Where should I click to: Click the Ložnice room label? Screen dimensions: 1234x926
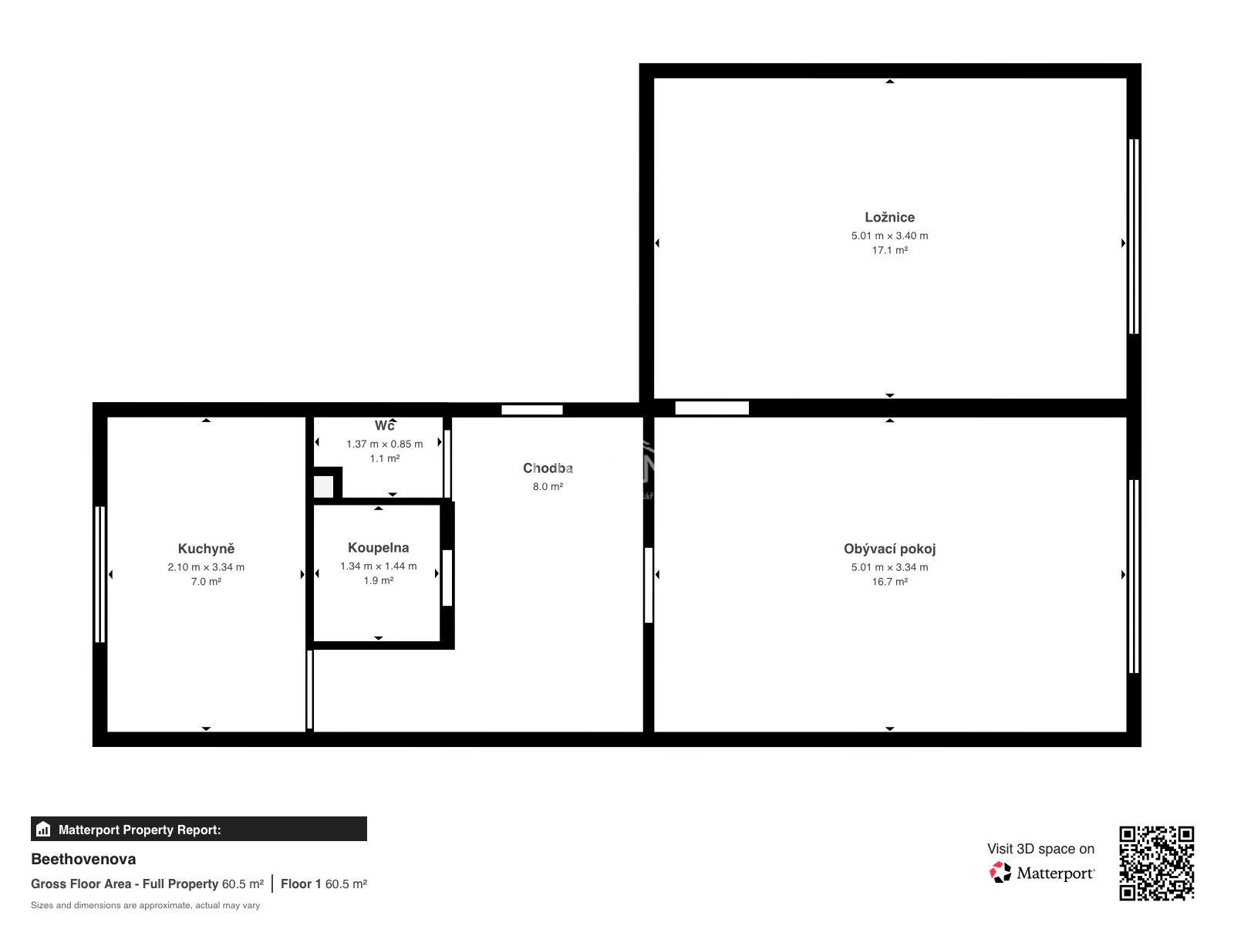point(888,217)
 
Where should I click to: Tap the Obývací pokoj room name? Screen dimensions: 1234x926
point(888,549)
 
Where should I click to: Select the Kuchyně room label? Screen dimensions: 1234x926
point(206,549)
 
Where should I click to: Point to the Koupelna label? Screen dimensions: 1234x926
point(378,548)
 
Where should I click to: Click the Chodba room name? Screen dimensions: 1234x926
point(548,468)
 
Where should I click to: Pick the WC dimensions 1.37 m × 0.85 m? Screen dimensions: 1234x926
point(385,444)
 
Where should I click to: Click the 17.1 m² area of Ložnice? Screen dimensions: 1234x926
point(889,250)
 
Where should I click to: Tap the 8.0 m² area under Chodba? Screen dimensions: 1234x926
point(548,486)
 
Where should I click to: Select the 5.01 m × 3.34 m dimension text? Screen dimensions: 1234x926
point(889,567)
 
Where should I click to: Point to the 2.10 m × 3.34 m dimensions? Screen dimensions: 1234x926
point(206,567)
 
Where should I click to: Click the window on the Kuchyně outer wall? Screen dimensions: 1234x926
point(100,574)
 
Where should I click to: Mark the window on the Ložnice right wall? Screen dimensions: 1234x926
point(1134,236)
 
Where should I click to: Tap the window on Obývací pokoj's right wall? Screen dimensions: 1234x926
point(1134,576)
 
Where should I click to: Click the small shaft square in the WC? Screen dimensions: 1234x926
point(323,486)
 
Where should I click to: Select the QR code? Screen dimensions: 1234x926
point(1156,863)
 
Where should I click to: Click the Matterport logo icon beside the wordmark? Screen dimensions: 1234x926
point(1000,873)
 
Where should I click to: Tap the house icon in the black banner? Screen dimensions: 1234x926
point(43,830)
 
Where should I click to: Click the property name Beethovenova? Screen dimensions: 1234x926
point(83,859)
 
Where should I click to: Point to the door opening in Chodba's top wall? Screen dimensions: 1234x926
point(532,410)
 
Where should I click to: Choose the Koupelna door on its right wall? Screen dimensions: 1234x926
point(447,578)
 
